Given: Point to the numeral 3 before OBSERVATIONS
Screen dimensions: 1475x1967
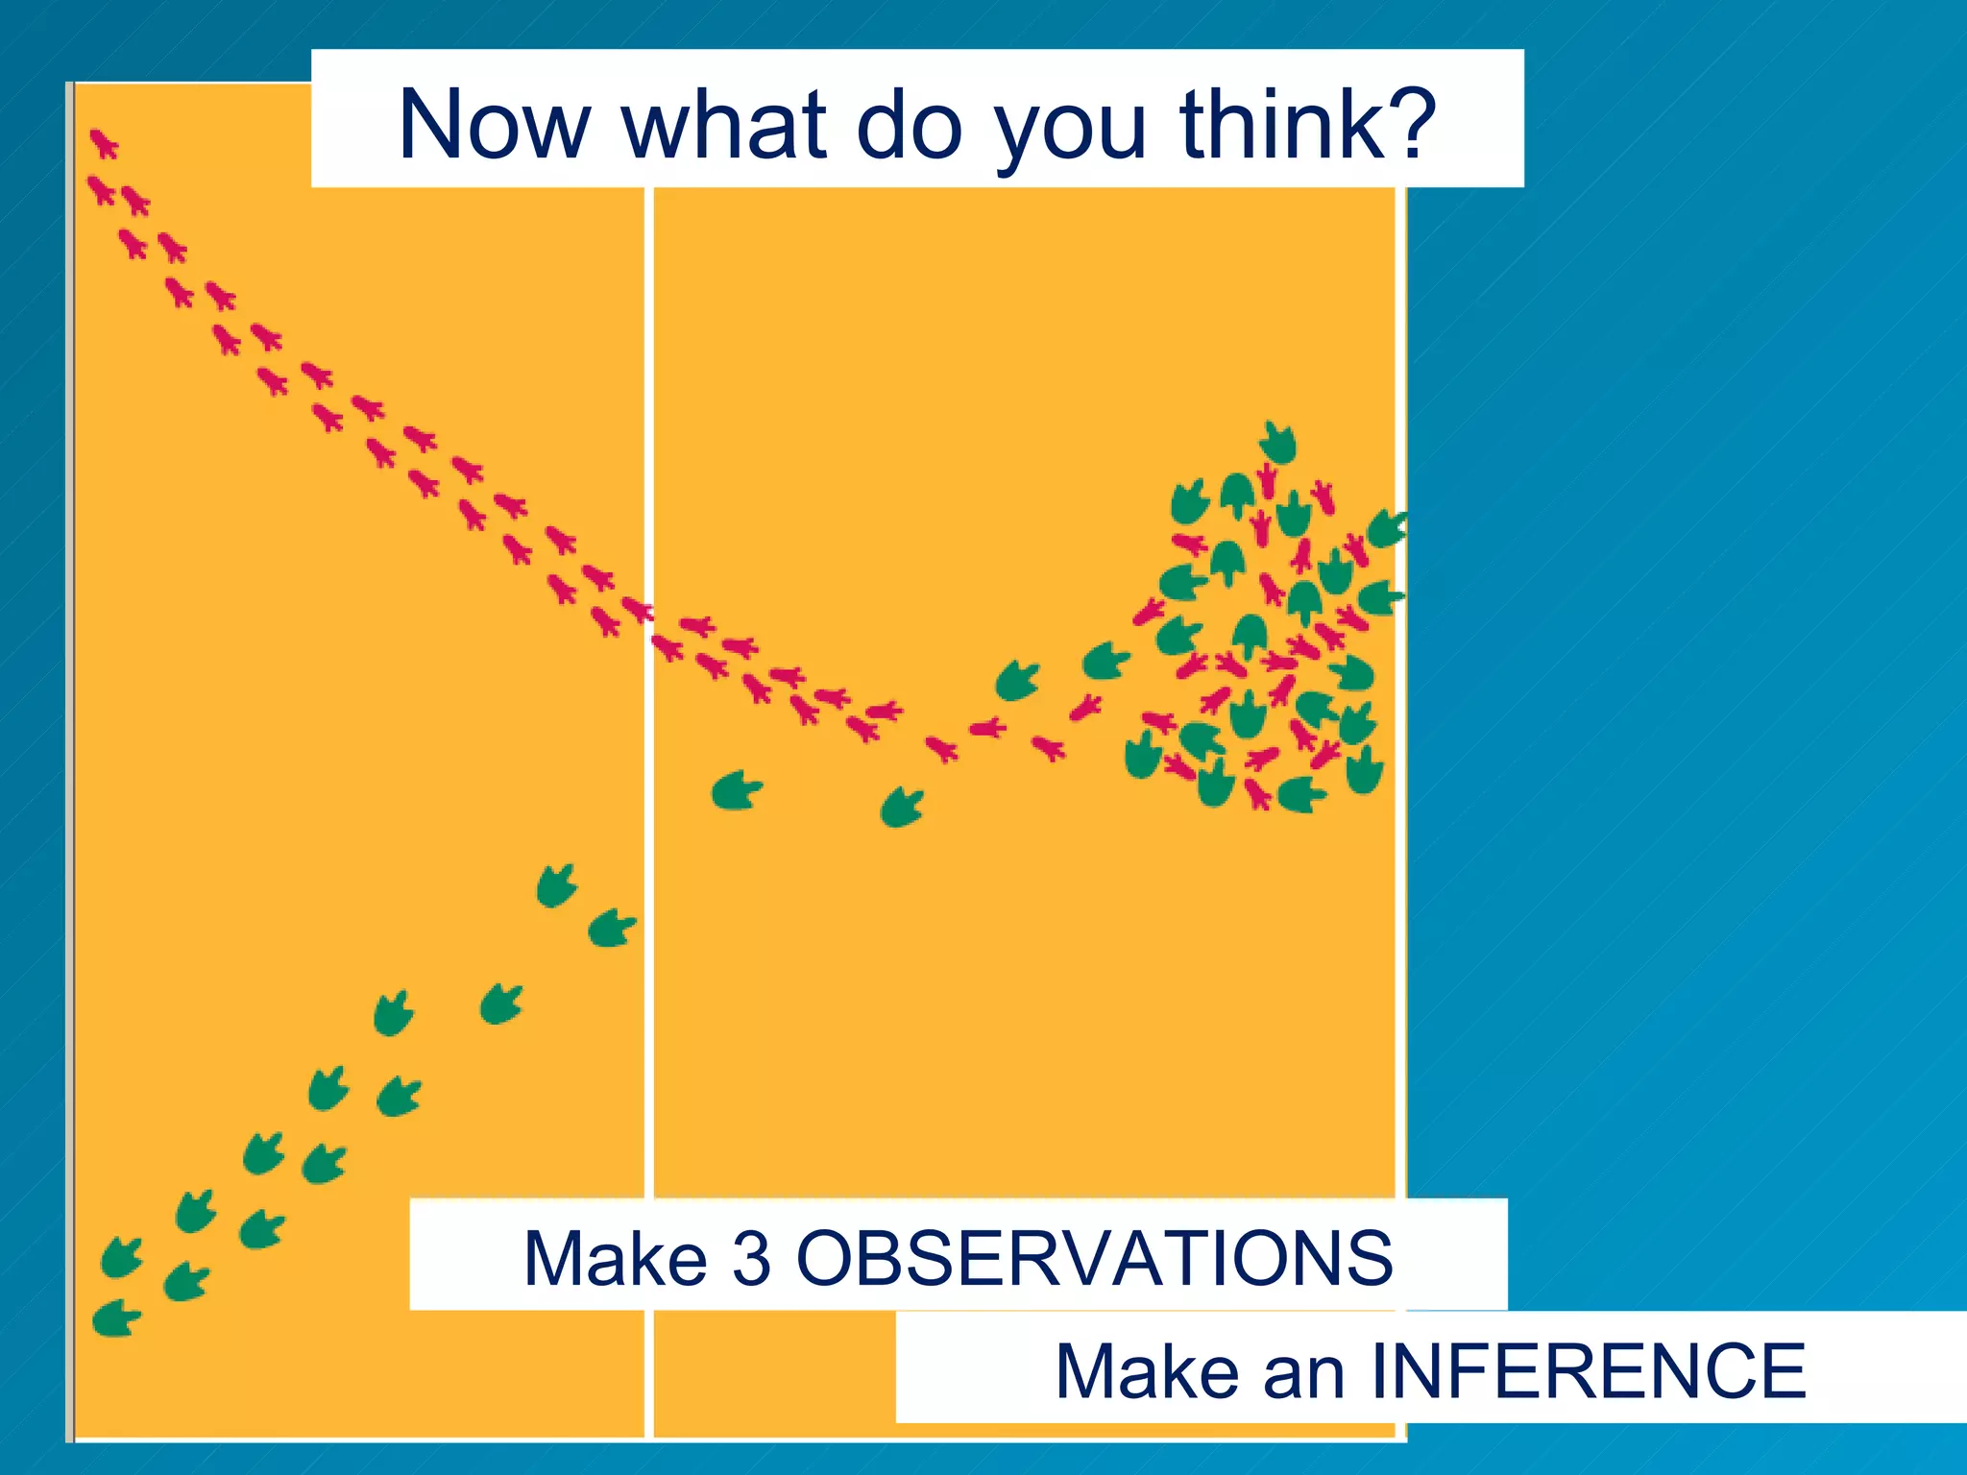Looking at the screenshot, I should coord(751,1258).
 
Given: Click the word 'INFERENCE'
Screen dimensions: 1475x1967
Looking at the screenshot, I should coord(1588,1370).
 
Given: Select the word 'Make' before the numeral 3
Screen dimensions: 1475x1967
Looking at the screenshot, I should coord(616,1258).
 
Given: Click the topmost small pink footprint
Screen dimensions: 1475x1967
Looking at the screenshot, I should coord(104,145).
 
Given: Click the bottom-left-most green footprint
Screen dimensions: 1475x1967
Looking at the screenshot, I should coord(116,1318).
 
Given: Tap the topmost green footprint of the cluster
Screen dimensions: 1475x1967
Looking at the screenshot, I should coord(1278,443).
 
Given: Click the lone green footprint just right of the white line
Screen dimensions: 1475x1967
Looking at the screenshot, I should coord(737,790).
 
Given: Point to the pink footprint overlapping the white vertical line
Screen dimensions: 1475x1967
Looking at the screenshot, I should coord(638,609).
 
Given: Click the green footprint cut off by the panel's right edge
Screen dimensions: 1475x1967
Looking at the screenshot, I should coord(1387,529).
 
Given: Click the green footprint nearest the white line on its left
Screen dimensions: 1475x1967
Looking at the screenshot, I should coord(612,929).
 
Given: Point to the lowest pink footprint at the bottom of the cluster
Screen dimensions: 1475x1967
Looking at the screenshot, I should coord(1257,794).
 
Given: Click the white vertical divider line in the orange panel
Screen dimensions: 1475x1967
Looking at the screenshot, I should coord(649,960).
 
